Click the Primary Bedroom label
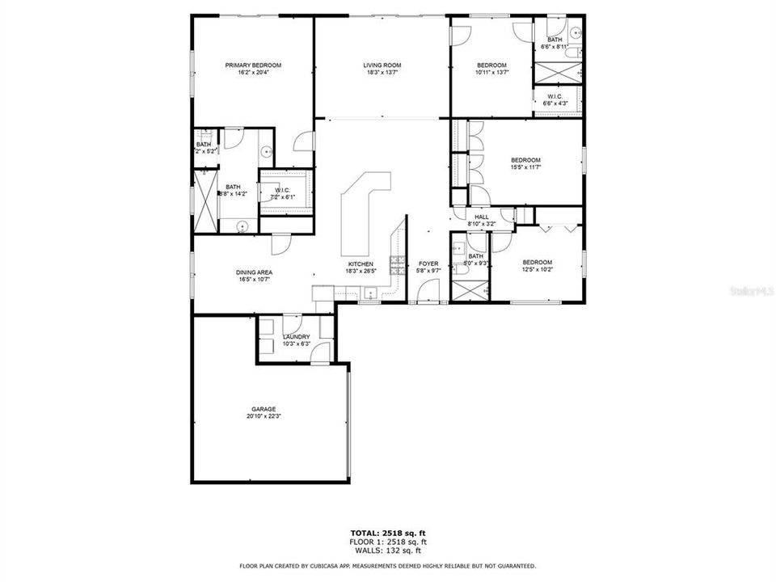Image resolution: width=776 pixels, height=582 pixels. click(x=253, y=65)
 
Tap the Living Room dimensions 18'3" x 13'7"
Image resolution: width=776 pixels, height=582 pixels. click(x=382, y=73)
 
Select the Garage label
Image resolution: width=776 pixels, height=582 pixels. click(x=264, y=409)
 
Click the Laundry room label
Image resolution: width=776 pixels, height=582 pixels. click(x=296, y=337)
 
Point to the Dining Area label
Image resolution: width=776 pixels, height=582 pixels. click(x=253, y=272)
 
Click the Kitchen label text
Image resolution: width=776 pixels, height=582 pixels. click(x=361, y=264)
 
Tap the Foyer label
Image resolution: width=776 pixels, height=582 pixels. click(x=428, y=264)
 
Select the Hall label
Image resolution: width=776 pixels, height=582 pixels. click(x=481, y=217)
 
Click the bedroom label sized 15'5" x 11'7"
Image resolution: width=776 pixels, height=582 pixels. click(x=525, y=160)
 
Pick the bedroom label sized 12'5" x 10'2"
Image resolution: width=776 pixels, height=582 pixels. click(x=537, y=262)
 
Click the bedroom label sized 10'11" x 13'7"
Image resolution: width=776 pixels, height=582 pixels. click(x=491, y=65)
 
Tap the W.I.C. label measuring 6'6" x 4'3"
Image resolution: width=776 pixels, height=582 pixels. click(x=555, y=96)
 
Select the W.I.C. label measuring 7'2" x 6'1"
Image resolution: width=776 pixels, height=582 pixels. click(x=282, y=191)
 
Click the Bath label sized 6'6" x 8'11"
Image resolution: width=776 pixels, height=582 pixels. click(x=555, y=40)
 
